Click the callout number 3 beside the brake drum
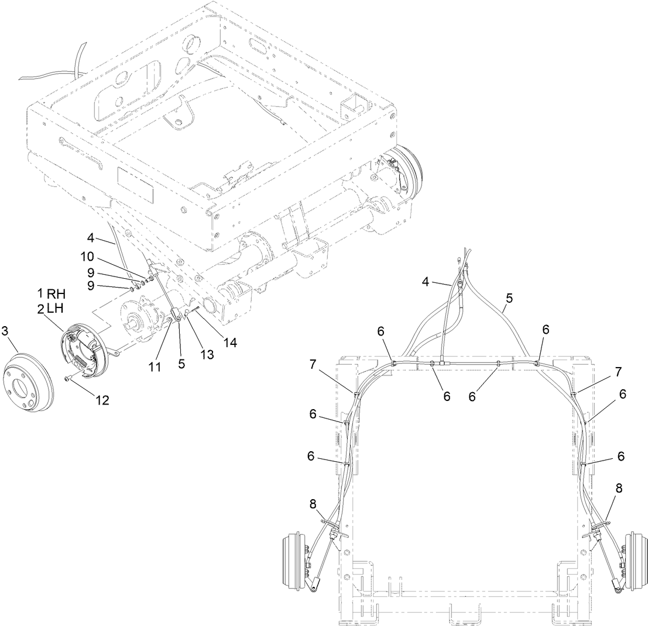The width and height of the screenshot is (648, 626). (6, 331)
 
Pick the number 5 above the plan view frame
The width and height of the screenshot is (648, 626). (508, 298)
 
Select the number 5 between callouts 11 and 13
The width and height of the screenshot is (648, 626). (181, 363)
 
